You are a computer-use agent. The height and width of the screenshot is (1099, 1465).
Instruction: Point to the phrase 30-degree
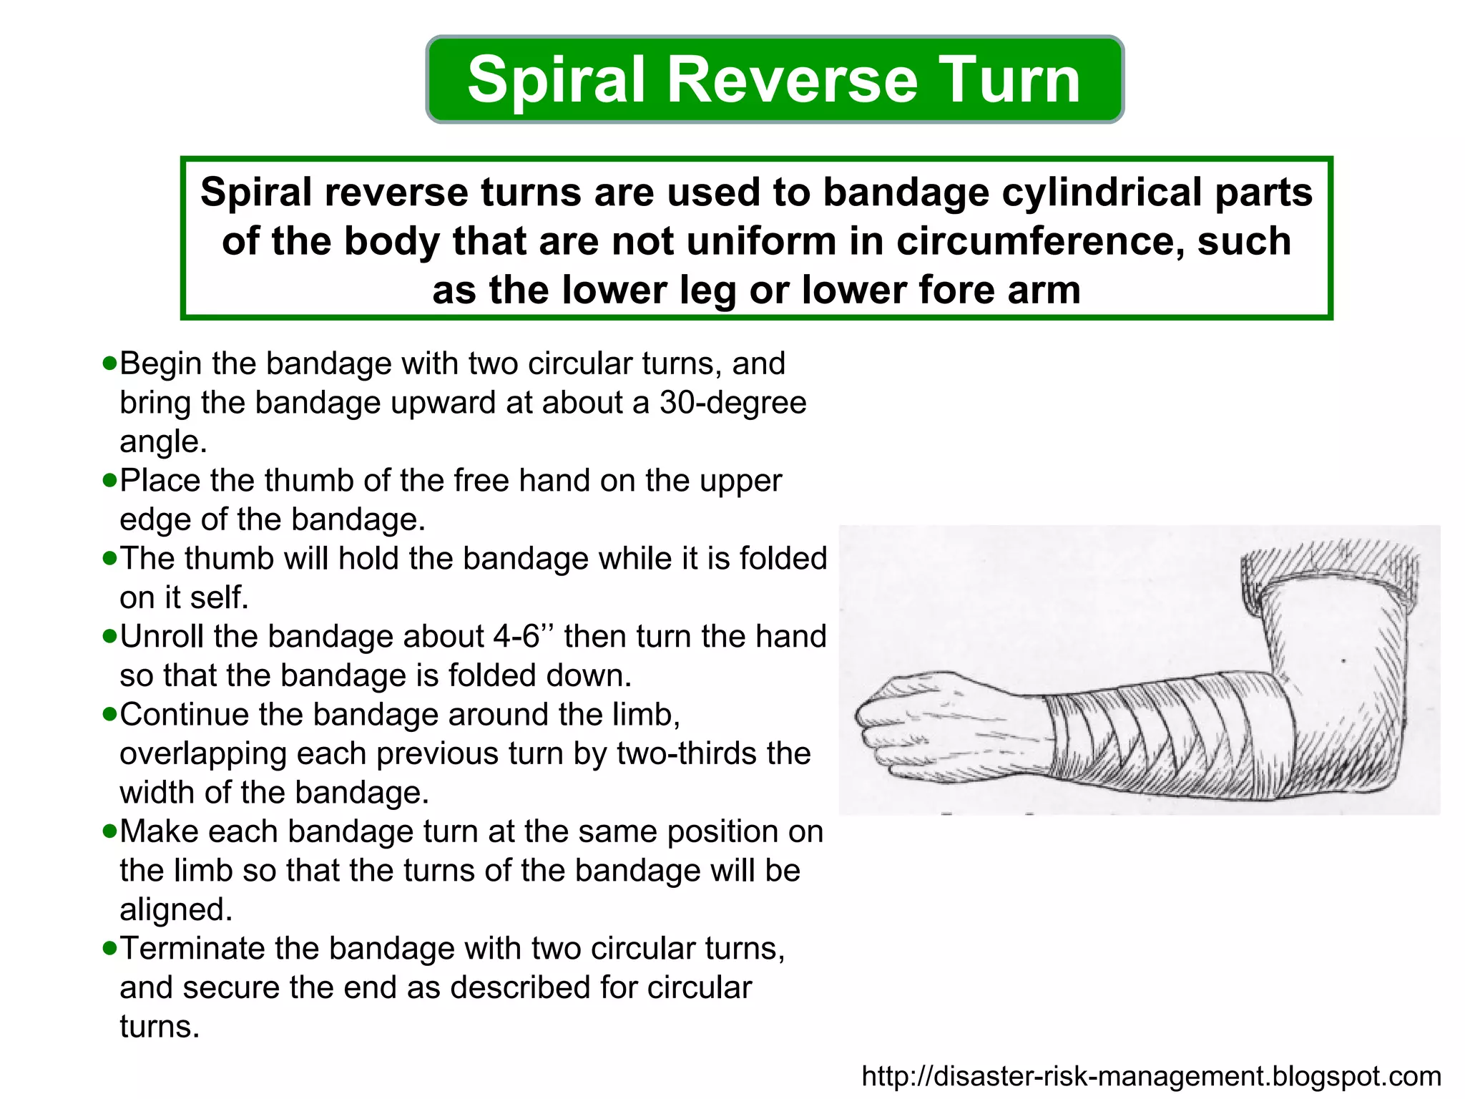(732, 402)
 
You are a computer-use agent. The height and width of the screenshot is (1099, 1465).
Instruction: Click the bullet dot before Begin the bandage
(109, 363)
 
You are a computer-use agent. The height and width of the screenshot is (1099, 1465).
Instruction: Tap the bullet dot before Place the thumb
(109, 480)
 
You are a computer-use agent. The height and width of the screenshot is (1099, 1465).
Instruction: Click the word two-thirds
(689, 753)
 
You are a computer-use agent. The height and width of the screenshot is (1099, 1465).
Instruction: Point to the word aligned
(176, 909)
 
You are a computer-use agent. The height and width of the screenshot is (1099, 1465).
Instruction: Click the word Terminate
(192, 948)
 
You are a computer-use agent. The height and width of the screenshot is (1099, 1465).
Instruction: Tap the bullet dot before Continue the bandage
(109, 714)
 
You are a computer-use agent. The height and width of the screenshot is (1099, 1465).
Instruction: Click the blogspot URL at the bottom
(1151, 1076)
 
